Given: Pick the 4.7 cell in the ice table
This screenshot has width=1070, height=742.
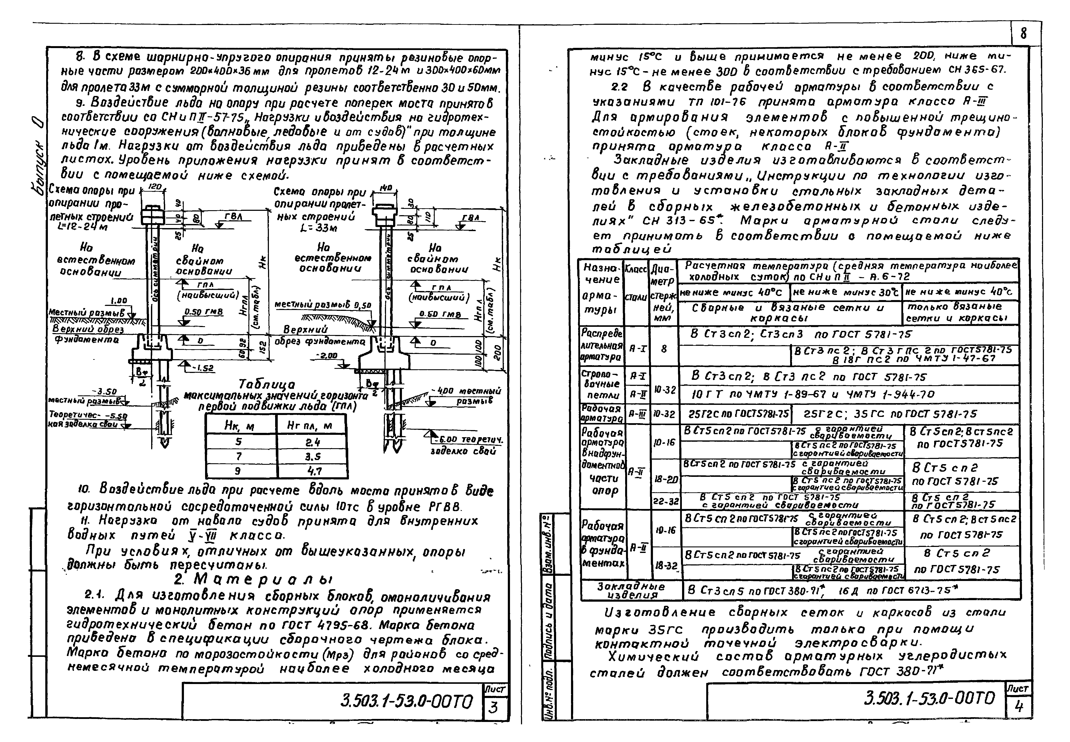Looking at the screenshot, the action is (x=312, y=471).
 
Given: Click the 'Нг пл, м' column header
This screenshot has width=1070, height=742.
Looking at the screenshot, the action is (x=312, y=425).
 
